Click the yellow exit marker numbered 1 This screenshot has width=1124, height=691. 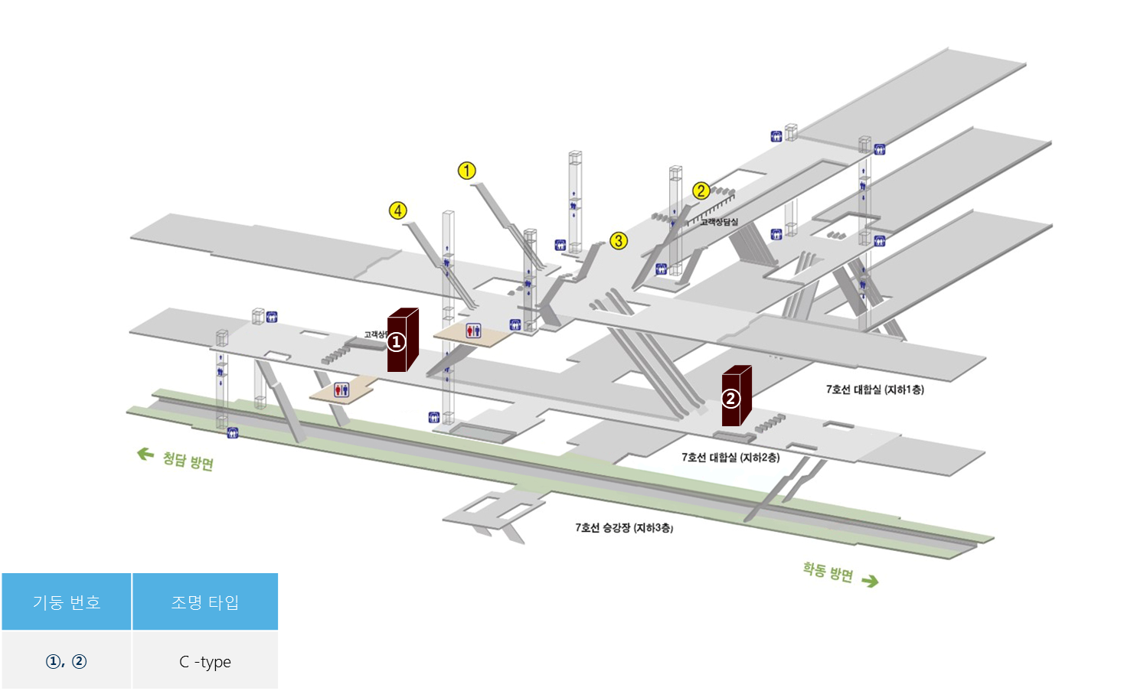pyautogui.click(x=466, y=171)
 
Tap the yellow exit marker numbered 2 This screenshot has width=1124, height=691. pyautogui.click(x=701, y=191)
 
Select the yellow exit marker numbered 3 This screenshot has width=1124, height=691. pyautogui.click(x=619, y=241)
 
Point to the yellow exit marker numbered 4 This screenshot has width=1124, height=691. pyautogui.click(x=397, y=210)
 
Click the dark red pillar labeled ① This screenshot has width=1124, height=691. pyautogui.click(x=402, y=341)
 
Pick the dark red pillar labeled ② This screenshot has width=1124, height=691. pyautogui.click(x=736, y=396)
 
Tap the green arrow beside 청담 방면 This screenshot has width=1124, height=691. pyautogui.click(x=145, y=455)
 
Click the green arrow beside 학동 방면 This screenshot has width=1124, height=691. pyautogui.click(x=870, y=581)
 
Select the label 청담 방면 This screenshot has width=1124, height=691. pyautogui.click(x=188, y=461)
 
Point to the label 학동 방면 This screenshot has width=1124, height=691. pyautogui.click(x=828, y=572)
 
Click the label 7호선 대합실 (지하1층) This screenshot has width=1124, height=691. pyautogui.click(x=874, y=390)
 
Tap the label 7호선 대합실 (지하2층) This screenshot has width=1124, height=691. pyautogui.click(x=730, y=458)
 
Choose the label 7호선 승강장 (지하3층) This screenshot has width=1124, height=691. pyautogui.click(x=624, y=528)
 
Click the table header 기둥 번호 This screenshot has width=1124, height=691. pyautogui.click(x=67, y=602)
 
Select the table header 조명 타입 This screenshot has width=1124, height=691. pyautogui.click(x=205, y=602)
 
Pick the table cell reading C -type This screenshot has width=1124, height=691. pyautogui.click(x=205, y=662)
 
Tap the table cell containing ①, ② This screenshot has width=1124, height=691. pyautogui.click(x=67, y=662)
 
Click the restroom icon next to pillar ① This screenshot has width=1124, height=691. pyautogui.click(x=473, y=331)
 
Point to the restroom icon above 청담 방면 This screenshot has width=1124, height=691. pyautogui.click(x=341, y=390)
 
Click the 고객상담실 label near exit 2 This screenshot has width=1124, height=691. pyautogui.click(x=719, y=222)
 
